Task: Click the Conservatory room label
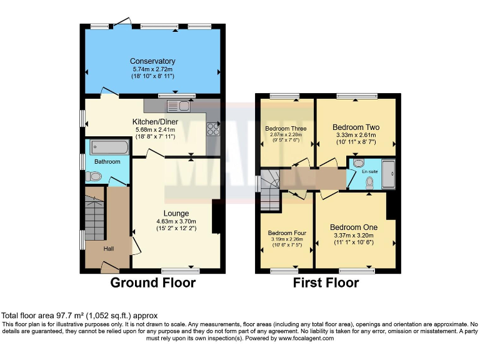[152, 61]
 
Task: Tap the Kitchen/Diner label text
[155, 121]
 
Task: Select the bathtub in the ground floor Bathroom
[109, 147]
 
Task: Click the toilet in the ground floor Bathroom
[94, 177]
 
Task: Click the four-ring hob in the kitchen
[212, 128]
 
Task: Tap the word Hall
[109, 249]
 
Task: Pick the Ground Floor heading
[153, 282]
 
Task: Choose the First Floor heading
[326, 282]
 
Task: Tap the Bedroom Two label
[356, 127]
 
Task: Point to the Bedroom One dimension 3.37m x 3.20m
[354, 235]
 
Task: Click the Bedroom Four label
[287, 232]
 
